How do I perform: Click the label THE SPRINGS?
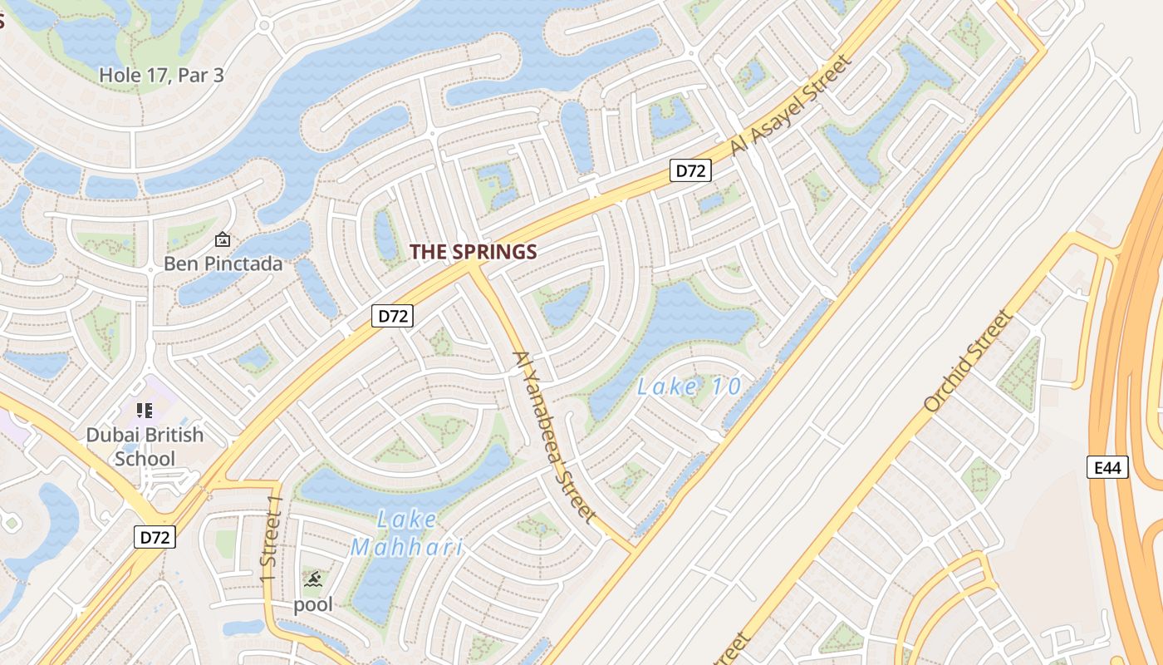473,252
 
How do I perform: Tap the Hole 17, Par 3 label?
161,75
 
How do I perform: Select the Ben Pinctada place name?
223,264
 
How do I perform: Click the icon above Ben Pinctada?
222,240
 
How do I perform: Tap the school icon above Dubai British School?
145,410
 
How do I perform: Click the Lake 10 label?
689,387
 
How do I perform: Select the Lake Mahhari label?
406,534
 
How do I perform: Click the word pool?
313,604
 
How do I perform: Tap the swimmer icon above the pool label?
312,579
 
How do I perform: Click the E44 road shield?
1108,467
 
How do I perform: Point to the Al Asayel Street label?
791,106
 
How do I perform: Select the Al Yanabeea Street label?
554,436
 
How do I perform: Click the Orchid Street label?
969,362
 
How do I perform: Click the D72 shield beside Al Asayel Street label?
690,171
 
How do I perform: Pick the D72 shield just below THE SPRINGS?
392,316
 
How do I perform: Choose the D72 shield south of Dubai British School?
155,537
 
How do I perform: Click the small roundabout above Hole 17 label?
265,25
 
